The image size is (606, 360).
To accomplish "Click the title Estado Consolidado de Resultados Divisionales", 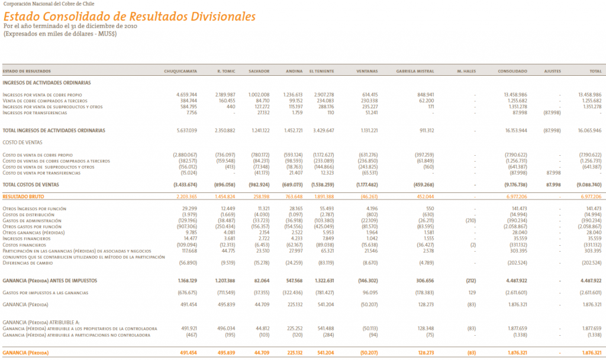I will point(130,17).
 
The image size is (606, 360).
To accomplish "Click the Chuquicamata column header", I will point(180,71).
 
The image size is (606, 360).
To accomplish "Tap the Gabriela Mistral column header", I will point(415,71).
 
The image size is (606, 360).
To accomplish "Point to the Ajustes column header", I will point(552,71).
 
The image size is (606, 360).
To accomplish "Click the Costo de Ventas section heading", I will point(22,142).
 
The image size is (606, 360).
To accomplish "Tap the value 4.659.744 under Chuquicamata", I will point(186,95).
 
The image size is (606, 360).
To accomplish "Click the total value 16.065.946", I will point(587,130).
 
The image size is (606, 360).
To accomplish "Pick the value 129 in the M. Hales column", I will point(472,292).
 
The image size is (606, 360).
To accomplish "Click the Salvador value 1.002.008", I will point(259,95).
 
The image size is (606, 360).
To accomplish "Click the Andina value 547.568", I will point(294,281).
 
